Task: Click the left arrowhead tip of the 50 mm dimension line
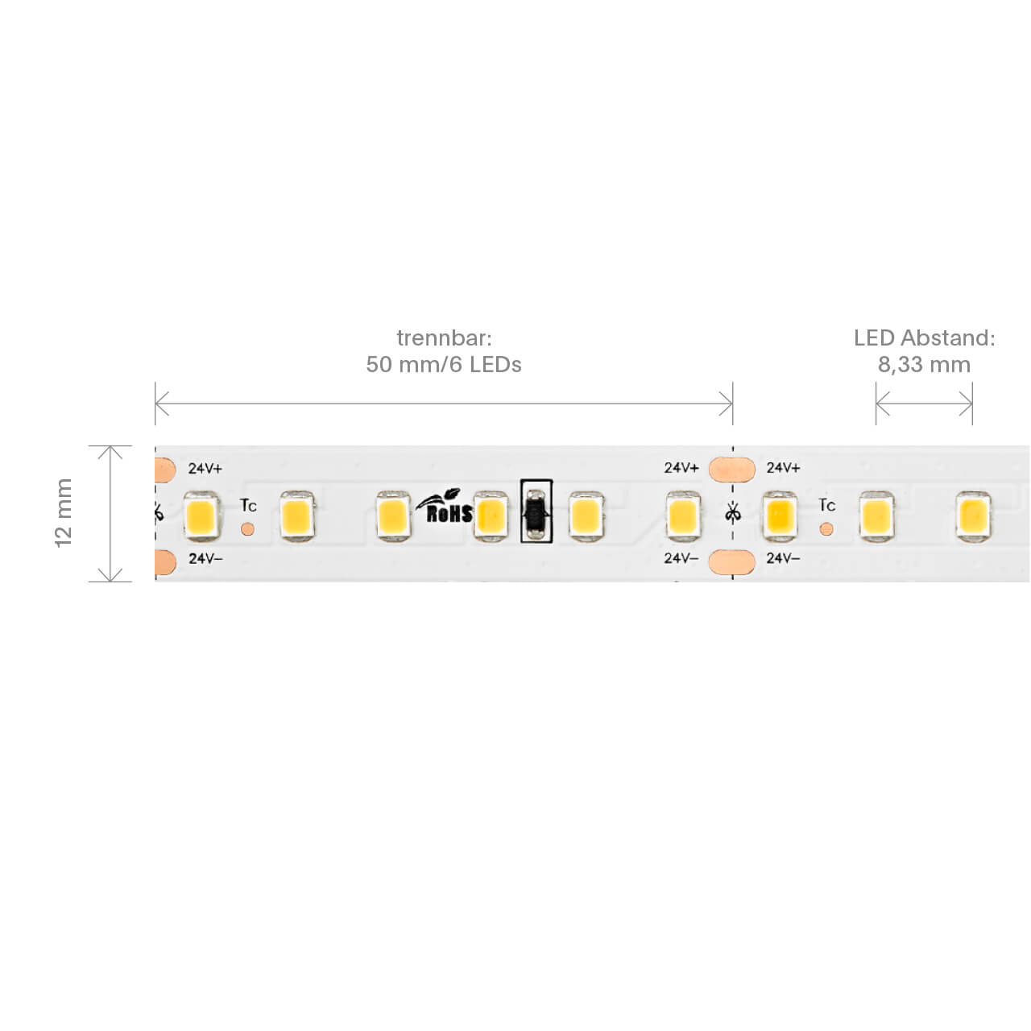155,404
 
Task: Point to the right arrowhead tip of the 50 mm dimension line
732,404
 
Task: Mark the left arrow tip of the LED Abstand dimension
876,404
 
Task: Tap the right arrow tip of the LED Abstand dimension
971,404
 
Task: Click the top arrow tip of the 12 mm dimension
110,446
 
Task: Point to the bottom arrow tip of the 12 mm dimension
110,581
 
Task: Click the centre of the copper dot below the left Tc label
247,529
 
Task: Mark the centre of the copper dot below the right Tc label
826,530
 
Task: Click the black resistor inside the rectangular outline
536,511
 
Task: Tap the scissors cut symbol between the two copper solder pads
732,513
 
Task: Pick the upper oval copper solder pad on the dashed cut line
732,469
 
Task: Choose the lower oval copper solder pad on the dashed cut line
732,561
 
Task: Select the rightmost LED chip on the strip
973,515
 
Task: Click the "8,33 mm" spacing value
924,364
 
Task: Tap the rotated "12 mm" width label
63,513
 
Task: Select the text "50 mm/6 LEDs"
444,364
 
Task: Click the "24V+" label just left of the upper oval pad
681,468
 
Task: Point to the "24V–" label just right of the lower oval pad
783,558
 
